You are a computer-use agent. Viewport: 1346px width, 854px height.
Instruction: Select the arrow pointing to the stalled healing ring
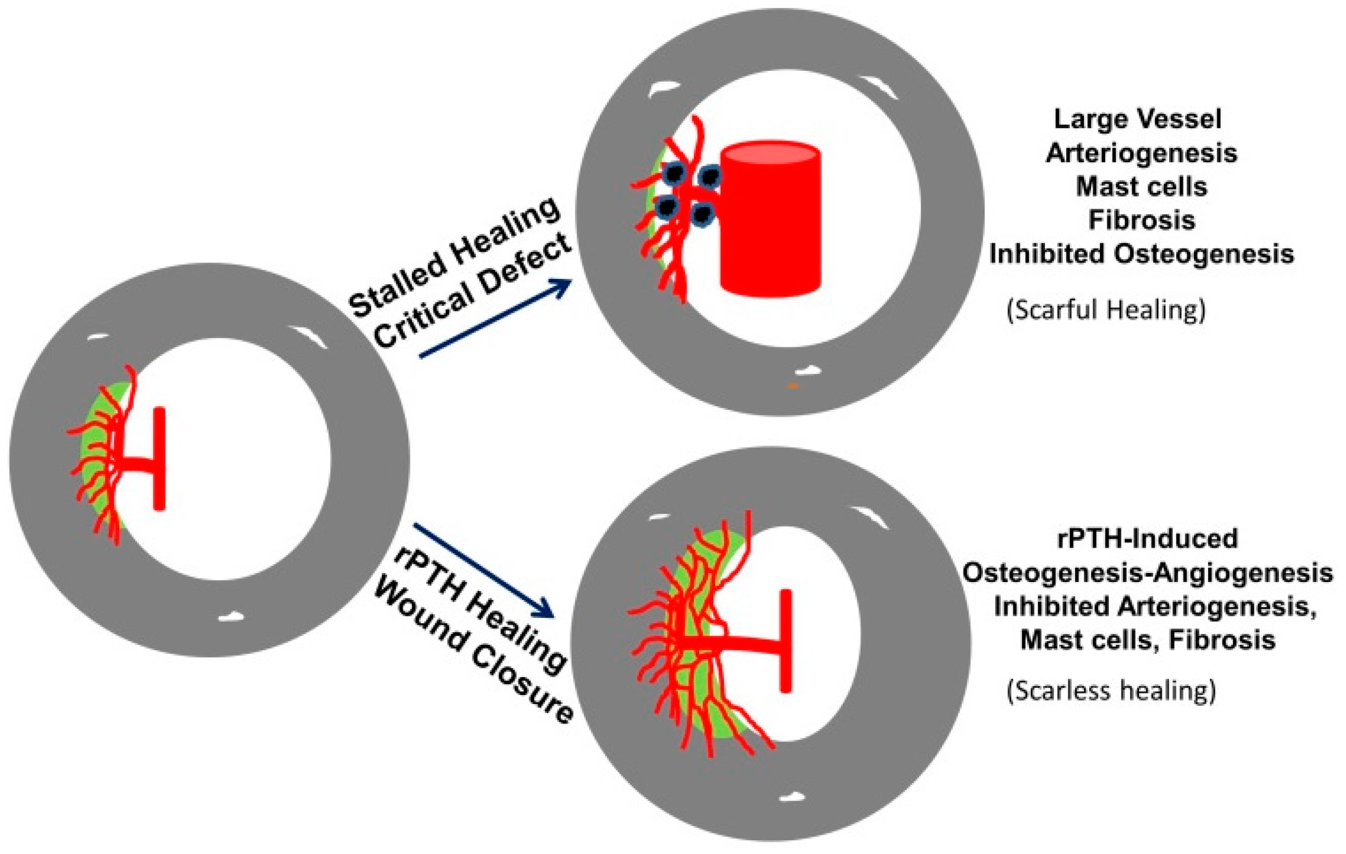(494, 317)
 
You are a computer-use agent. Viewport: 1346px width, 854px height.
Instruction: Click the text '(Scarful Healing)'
(1106, 310)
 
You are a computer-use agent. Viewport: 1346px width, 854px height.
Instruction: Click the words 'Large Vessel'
(1138, 119)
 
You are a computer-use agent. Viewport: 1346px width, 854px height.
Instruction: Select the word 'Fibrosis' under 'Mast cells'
(1142, 220)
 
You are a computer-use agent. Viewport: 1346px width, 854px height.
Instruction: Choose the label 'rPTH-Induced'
(1147, 539)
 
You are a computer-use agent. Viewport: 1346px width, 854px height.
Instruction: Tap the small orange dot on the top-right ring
(792, 386)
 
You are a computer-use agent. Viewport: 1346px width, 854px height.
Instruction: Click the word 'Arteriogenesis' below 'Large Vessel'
(1142, 153)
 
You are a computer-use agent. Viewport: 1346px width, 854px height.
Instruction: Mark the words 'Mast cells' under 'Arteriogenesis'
(1142, 186)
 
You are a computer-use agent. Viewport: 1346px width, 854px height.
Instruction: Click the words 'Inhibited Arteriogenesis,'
(1155, 607)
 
